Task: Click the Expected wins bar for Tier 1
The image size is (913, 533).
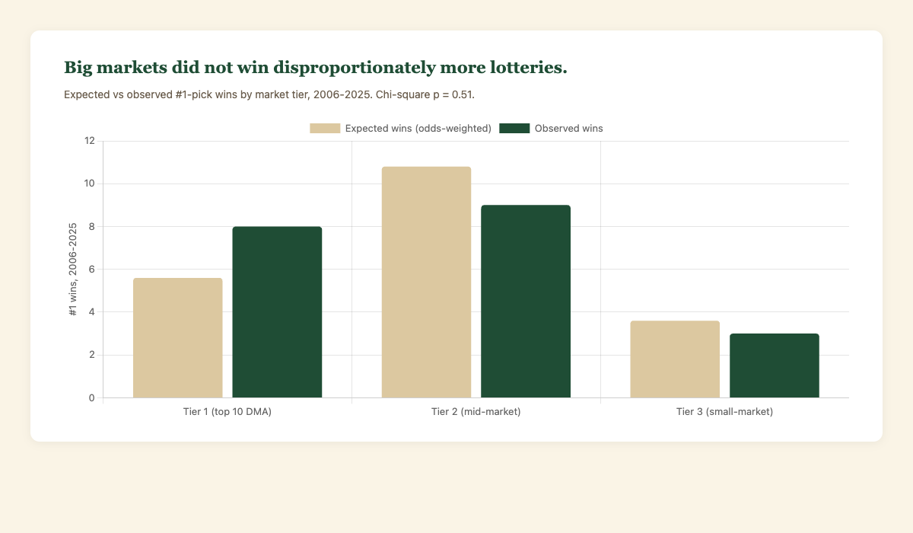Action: [x=178, y=338]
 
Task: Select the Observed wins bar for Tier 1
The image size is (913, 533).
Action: [x=277, y=312]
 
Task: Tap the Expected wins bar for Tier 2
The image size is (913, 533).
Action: [x=426, y=282]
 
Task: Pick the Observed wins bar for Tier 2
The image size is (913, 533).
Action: [x=526, y=302]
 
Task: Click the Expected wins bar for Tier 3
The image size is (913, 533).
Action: [x=675, y=359]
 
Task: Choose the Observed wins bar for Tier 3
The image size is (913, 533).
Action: [x=775, y=365]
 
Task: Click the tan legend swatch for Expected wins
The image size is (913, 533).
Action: [x=325, y=128]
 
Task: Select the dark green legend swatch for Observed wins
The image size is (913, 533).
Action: [x=514, y=128]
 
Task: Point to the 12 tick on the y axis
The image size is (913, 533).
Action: [x=90, y=141]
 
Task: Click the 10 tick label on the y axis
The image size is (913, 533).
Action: [x=90, y=184]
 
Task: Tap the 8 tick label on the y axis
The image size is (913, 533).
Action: [x=92, y=226]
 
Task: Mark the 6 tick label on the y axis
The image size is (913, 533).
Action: [x=92, y=270]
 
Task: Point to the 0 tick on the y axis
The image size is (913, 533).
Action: [x=92, y=397]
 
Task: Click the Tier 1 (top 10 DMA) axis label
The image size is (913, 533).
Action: [x=227, y=412]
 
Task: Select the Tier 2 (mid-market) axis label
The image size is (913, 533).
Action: [x=476, y=412]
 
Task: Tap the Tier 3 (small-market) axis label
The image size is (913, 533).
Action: [x=724, y=412]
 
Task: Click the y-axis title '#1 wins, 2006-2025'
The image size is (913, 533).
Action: [x=74, y=270]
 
